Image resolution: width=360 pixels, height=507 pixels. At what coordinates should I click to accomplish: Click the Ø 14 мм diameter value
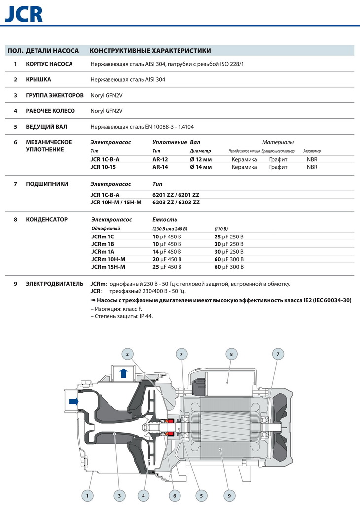coord(200,167)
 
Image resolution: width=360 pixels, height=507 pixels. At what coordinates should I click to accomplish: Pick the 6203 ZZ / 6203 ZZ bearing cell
coord(176,203)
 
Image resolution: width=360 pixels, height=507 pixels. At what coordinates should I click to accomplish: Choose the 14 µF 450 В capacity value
coord(167,252)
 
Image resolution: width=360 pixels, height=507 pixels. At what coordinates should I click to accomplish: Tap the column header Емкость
coord(165,220)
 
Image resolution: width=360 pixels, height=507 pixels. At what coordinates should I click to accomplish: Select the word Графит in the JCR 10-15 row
coord(278,167)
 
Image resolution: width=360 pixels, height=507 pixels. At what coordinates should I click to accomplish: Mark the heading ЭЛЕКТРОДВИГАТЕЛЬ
coord(55,284)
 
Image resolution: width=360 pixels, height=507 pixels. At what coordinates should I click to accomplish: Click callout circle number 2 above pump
coord(127,354)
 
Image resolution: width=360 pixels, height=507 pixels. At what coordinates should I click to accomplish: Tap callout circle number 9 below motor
coord(229,495)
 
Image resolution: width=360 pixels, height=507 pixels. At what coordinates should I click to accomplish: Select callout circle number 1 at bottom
coord(87,495)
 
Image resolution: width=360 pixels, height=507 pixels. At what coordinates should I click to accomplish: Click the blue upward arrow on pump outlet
coord(124,372)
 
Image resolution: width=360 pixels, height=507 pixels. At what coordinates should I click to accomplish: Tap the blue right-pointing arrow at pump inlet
coord(73,401)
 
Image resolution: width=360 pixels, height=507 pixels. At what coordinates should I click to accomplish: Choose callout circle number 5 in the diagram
coord(201,495)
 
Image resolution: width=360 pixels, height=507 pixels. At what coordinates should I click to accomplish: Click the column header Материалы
coord(278,142)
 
